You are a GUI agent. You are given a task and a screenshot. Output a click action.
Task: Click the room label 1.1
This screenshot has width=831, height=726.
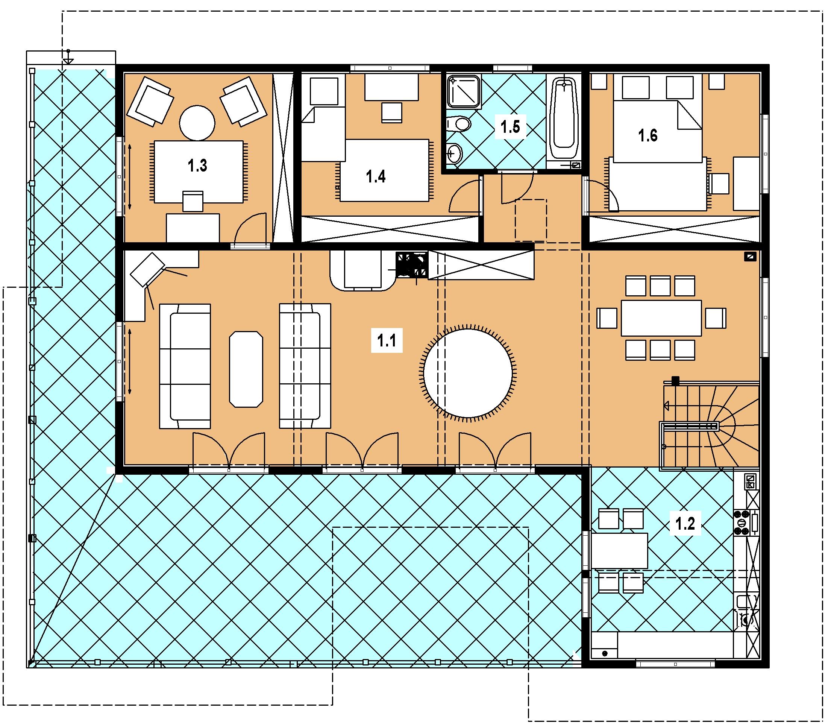click(x=387, y=341)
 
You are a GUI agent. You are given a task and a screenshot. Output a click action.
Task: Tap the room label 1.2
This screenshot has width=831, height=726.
click(x=685, y=524)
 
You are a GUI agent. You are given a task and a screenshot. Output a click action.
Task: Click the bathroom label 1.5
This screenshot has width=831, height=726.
click(x=510, y=127)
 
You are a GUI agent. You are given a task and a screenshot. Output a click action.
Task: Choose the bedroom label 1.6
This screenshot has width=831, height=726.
click(x=648, y=135)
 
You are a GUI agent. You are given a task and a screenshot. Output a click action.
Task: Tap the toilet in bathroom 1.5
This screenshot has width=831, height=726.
click(x=459, y=123)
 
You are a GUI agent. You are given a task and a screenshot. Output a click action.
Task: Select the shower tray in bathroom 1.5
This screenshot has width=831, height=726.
click(x=464, y=93)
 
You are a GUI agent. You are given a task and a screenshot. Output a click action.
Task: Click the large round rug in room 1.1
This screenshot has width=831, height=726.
click(x=468, y=371)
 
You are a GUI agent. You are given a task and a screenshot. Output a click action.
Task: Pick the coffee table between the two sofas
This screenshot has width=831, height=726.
click(x=246, y=369)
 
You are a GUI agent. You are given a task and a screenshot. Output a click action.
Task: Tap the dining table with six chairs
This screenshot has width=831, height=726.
click(x=661, y=318)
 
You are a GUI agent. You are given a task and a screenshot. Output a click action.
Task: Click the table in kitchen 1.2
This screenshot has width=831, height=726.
click(x=620, y=551)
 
